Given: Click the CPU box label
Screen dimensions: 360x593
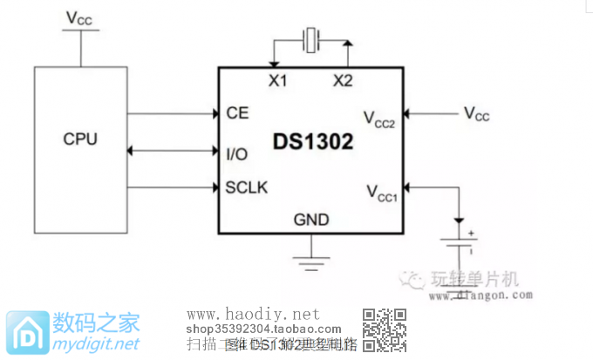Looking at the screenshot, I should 80,139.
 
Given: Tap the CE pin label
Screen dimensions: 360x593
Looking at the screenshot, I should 236,113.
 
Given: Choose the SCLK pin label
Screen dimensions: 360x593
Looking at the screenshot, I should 247,187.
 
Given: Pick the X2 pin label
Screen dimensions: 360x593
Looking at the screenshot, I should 343,81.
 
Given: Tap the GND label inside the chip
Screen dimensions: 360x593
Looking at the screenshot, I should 311,220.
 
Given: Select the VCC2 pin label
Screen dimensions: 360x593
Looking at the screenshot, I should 379,119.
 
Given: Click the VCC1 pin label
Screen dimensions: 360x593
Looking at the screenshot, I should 381,192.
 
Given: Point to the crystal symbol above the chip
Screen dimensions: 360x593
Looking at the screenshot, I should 311,39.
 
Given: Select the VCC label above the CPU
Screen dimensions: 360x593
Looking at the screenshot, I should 79,17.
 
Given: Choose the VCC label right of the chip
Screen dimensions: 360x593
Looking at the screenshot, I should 476,113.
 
